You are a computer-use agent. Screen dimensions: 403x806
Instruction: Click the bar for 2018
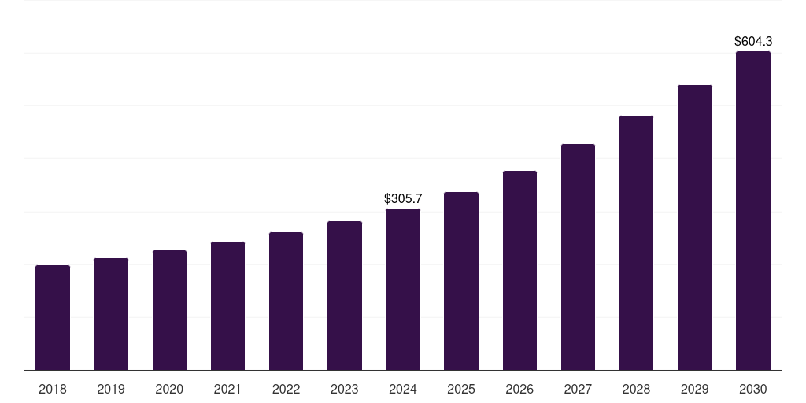53,318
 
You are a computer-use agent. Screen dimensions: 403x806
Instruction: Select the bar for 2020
169,310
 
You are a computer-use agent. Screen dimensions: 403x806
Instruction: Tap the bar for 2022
286,301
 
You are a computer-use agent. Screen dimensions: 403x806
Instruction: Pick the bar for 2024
403,290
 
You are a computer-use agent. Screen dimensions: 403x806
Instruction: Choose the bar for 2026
519,271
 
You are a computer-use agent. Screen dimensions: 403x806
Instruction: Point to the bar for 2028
636,243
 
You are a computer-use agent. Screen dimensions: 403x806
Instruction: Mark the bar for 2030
753,211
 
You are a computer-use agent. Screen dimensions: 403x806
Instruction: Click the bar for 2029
695,227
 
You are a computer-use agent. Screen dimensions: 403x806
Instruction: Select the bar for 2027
578,257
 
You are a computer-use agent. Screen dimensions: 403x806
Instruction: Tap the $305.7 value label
403,199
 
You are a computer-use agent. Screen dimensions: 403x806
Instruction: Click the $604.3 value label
753,41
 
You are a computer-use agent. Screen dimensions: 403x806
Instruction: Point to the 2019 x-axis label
111,389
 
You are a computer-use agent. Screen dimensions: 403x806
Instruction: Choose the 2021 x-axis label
227,389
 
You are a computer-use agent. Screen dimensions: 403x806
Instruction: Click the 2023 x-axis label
345,389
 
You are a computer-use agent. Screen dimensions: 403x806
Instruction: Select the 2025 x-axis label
461,389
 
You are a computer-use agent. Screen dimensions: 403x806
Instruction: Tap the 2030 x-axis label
753,389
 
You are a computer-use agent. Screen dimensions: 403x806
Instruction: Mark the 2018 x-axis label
53,389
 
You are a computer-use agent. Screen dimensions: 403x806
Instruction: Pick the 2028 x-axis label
636,389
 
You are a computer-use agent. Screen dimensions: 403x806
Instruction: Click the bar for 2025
461,281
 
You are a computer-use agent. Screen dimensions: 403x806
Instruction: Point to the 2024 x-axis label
403,389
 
